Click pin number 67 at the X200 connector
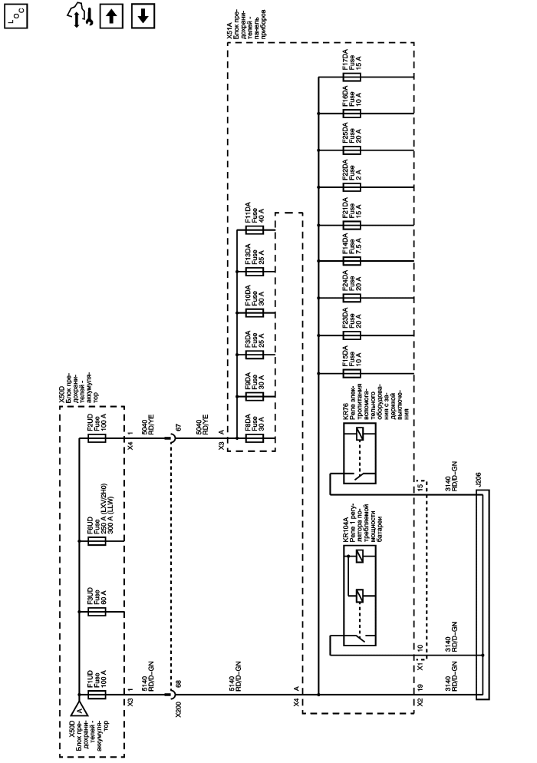coord(179,424)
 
